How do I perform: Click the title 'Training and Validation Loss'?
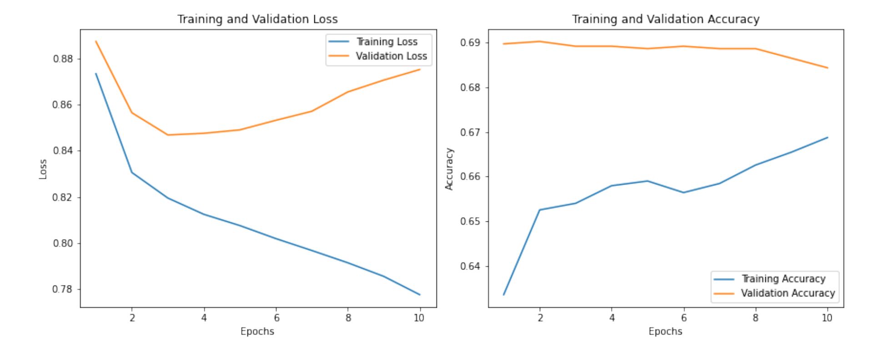257,19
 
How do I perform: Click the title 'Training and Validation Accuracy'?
665,19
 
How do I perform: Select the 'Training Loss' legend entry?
387,42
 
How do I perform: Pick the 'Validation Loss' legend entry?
391,56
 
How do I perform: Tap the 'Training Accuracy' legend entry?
783,279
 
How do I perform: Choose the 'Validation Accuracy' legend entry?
788,293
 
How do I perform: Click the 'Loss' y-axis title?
43,169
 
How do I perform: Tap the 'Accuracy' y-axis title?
450,169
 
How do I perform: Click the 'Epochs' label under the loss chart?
257,331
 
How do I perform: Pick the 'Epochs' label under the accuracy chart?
665,331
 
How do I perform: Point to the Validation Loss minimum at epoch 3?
168,135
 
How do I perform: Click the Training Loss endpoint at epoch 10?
420,295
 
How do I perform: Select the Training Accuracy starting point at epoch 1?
504,295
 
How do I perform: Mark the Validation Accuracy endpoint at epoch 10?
828,68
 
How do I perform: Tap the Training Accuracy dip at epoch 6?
683,192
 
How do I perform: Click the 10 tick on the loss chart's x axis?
419,318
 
